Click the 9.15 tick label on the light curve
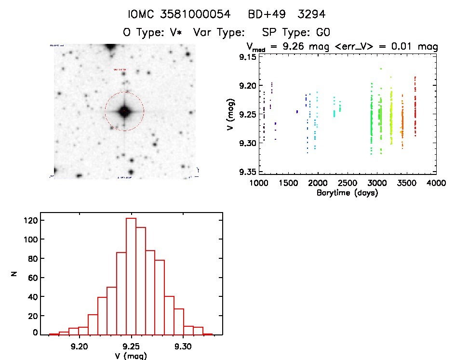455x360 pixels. point(249,57)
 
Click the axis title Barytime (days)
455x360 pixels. point(347,193)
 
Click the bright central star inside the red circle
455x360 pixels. point(124,111)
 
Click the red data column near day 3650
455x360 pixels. point(415,108)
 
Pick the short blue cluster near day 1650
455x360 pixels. point(297,112)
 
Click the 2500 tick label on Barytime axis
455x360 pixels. point(347,184)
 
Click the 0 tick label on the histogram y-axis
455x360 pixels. point(35,333)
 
